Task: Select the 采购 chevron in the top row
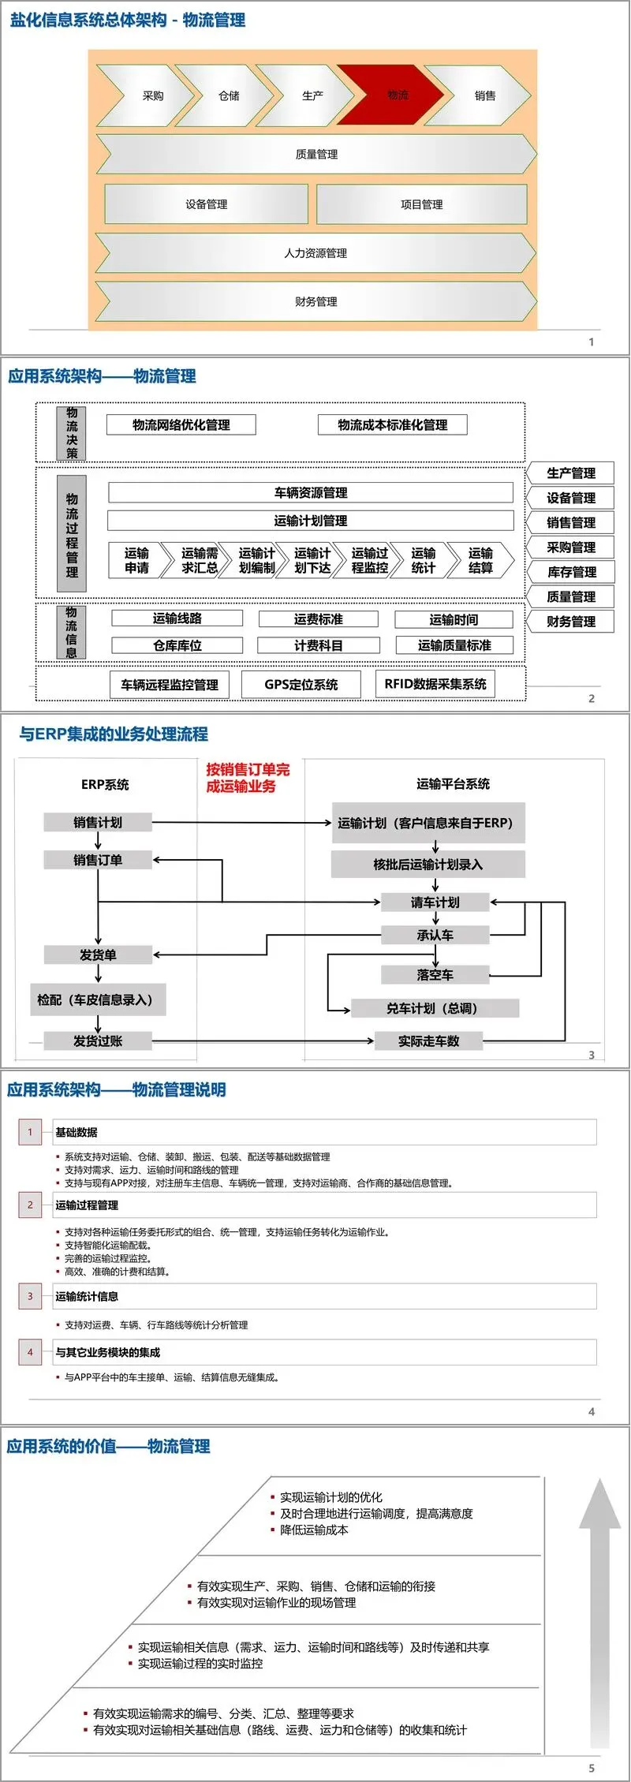pos(150,95)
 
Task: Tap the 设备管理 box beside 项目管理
pos(206,204)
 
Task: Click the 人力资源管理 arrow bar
pos(315,253)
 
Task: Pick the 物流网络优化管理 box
pos(181,425)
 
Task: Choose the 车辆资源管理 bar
pos(310,493)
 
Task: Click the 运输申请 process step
pos(136,560)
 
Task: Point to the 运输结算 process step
pos(480,560)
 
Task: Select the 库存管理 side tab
pos(571,572)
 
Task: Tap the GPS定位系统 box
pos(301,685)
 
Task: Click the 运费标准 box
pos(318,620)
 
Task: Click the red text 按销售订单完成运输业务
pos(248,777)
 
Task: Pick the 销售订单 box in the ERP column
pos(98,860)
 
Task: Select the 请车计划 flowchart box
pos(435,902)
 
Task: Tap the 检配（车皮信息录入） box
pos(98,999)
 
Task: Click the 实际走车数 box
pos(428,1041)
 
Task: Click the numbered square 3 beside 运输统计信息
pos(30,1296)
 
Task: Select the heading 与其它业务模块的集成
pos(107,1352)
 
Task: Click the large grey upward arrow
pos(599,1609)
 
